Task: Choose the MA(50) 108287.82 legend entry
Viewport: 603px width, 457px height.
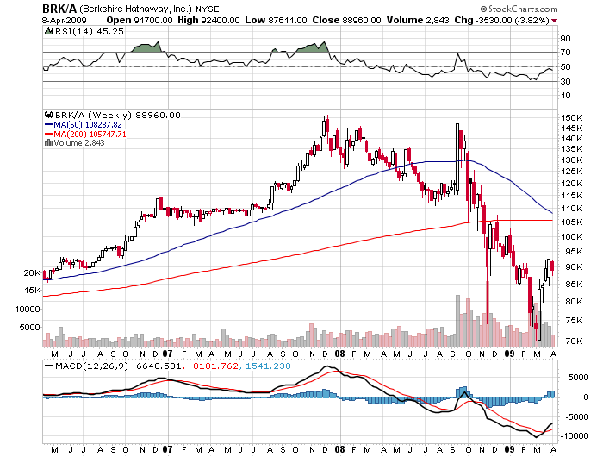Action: pyautogui.click(x=90, y=124)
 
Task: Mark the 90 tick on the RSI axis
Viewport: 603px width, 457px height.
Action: pyautogui.click(x=565, y=39)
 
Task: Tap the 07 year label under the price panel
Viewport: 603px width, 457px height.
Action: pyautogui.click(x=167, y=354)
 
